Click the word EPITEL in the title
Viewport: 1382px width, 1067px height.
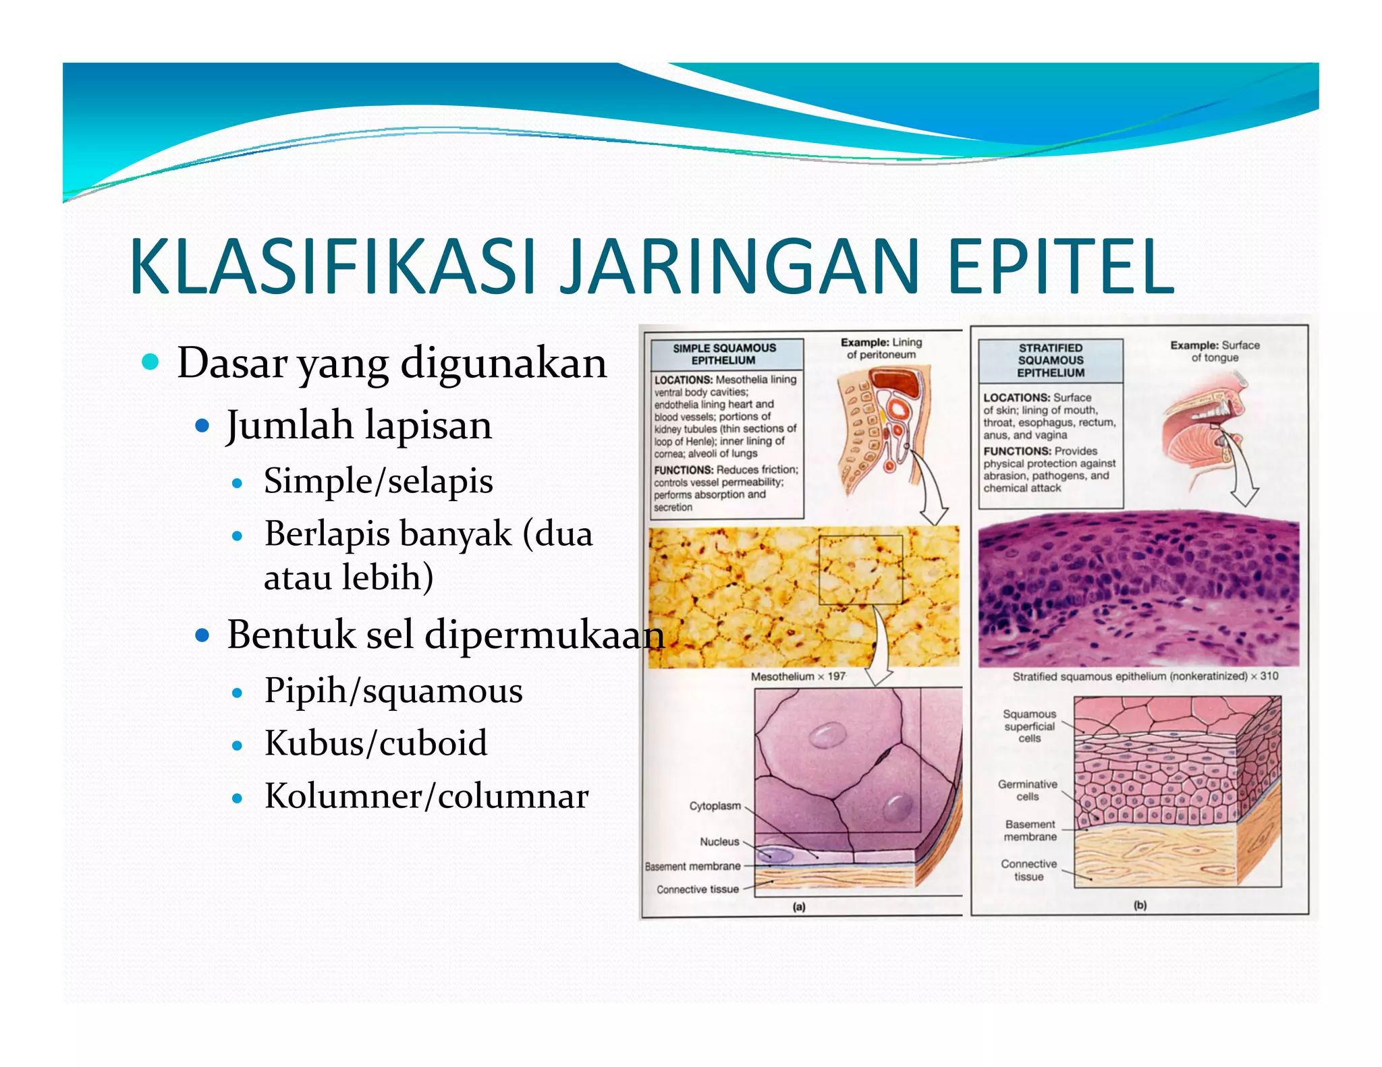pyautogui.click(x=1060, y=267)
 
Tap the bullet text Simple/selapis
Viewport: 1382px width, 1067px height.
pyautogui.click(x=378, y=482)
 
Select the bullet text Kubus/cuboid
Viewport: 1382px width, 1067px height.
pyautogui.click(x=376, y=743)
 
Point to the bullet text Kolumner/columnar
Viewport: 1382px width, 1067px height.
pyautogui.click(x=426, y=796)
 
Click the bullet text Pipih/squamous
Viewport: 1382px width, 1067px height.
pyautogui.click(x=393, y=691)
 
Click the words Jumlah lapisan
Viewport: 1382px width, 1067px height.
pyautogui.click(x=359, y=426)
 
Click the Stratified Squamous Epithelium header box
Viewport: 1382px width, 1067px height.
pyautogui.click(x=1050, y=360)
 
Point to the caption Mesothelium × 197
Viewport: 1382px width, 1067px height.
pyautogui.click(x=798, y=676)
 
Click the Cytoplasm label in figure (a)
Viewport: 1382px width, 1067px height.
pyautogui.click(x=715, y=806)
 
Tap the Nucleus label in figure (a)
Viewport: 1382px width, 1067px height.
pyautogui.click(x=719, y=842)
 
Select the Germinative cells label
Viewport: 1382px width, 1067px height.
pyautogui.click(x=1027, y=790)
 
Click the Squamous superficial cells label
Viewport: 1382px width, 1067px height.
pyautogui.click(x=1029, y=726)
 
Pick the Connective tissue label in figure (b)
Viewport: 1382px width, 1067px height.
pyautogui.click(x=1028, y=870)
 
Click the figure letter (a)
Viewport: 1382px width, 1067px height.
pyautogui.click(x=799, y=907)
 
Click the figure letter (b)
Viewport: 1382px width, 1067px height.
pyautogui.click(x=1140, y=906)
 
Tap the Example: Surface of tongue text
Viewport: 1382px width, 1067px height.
pyautogui.click(x=1215, y=351)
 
